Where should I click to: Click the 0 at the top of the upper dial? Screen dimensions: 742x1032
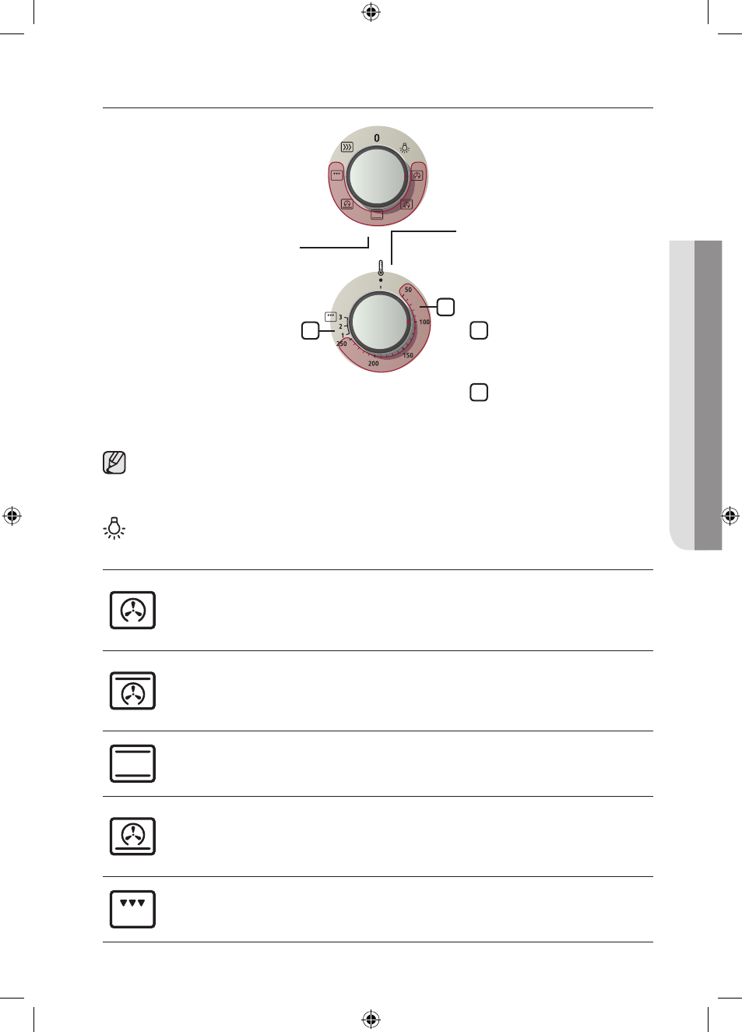pyautogui.click(x=377, y=138)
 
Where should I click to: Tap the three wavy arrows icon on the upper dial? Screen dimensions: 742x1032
pyautogui.click(x=346, y=147)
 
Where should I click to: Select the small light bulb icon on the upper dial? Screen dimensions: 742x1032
pyautogui.click(x=404, y=148)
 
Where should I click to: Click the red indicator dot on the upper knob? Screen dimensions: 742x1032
pyautogui.click(x=406, y=176)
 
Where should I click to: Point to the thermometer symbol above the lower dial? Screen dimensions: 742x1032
pyautogui.click(x=381, y=268)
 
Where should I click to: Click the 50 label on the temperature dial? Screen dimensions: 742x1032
pyautogui.click(x=408, y=290)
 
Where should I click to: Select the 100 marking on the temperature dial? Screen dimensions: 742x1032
pyautogui.click(x=424, y=322)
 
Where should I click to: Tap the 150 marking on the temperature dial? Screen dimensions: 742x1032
pyautogui.click(x=408, y=355)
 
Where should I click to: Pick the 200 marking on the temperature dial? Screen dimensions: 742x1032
pyautogui.click(x=374, y=364)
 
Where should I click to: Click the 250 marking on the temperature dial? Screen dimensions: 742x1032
pyautogui.click(x=341, y=343)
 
